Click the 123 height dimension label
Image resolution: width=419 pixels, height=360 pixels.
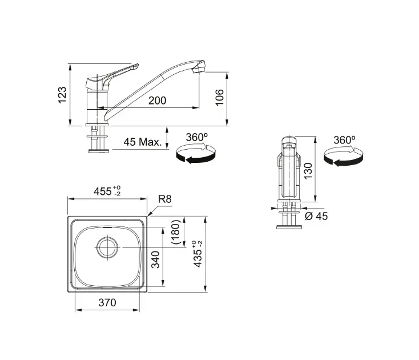coord(62,95)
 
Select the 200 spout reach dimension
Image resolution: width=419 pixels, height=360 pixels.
coord(157,101)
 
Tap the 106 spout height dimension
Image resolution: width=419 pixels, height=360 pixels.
coord(219,97)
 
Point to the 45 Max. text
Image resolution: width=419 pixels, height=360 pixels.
coord(143,142)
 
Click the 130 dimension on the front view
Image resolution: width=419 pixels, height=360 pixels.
coord(308,171)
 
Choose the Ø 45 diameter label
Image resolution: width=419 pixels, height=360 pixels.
coord(316,216)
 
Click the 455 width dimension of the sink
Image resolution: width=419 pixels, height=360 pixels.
coord(107,191)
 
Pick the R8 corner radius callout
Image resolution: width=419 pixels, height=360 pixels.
coord(165,199)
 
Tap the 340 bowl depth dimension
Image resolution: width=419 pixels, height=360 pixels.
coord(155,259)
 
